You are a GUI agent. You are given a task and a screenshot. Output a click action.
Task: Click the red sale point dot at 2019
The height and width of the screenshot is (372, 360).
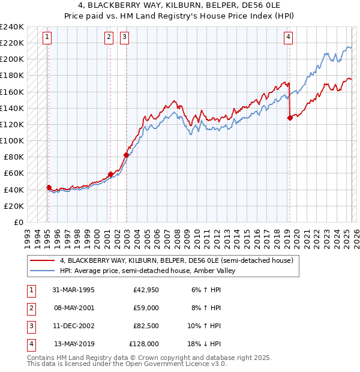click(290, 118)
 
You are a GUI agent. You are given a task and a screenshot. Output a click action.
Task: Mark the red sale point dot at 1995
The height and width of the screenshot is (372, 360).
click(49, 187)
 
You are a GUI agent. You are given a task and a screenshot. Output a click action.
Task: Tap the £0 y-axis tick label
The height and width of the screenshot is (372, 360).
click(18, 222)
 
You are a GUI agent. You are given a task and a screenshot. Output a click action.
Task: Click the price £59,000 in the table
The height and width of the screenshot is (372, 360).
click(146, 308)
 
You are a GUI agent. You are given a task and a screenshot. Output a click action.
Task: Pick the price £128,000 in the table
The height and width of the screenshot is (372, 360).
click(144, 344)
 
